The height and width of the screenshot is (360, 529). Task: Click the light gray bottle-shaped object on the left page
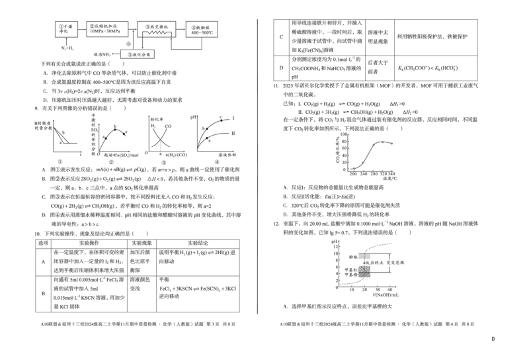click(161, 145)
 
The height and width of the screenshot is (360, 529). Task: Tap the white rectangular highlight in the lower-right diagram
click(364, 256)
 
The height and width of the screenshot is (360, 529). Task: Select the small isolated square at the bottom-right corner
click(491, 339)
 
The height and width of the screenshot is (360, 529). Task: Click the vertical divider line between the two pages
click(257, 165)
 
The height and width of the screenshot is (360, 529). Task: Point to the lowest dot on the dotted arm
click(353, 167)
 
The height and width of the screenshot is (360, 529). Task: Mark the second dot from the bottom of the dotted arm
click(362, 161)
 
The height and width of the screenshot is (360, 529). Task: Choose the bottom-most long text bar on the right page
click(377, 323)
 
